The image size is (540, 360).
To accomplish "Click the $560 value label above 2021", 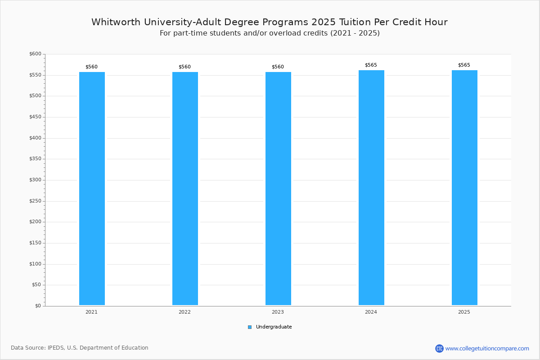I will click(x=91, y=67).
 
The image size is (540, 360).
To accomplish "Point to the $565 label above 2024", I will click(x=371, y=65).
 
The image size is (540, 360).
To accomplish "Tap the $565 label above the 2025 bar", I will click(x=464, y=65).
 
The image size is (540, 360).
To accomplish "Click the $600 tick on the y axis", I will click(x=35, y=54).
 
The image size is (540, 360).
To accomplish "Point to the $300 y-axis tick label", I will click(x=35, y=180).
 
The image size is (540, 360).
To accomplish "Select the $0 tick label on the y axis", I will click(x=38, y=306).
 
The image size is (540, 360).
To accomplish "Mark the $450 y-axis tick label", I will click(x=35, y=117).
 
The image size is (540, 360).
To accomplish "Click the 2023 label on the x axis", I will click(x=278, y=312).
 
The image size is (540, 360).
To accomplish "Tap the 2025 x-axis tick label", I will click(x=464, y=312).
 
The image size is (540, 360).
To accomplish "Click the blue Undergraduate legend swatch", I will click(x=250, y=327).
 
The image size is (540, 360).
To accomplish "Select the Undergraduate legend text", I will click(x=274, y=327).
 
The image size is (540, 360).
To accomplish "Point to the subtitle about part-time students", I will click(x=270, y=33).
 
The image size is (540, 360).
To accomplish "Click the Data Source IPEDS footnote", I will click(x=80, y=348).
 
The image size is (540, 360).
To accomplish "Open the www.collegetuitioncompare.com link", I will click(x=487, y=348).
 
